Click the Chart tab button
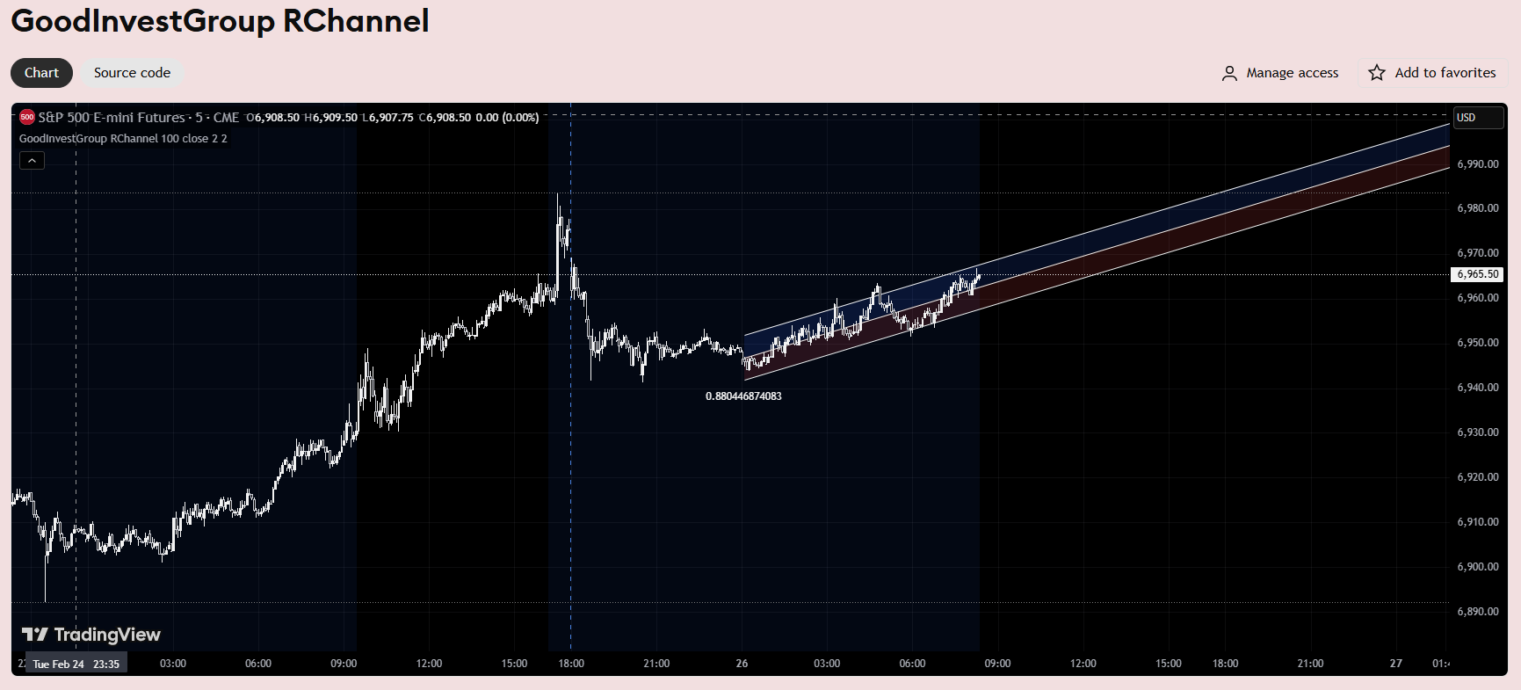click(x=41, y=73)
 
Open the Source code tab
click(x=132, y=73)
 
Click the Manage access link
click(x=1280, y=73)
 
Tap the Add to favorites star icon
click(x=1377, y=73)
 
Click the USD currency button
click(x=1478, y=118)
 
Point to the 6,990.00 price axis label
click(x=1478, y=164)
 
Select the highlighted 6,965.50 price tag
click(x=1477, y=274)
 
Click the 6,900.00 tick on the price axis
click(x=1478, y=567)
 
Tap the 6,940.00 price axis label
click(x=1478, y=388)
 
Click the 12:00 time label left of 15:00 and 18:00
click(x=429, y=664)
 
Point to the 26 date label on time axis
click(x=742, y=664)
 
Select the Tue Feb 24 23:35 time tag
click(x=76, y=664)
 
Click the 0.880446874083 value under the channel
click(x=743, y=396)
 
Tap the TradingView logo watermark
click(x=91, y=635)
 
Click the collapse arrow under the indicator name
click(x=32, y=160)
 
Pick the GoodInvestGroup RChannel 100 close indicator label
click(x=123, y=139)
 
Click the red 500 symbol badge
click(x=27, y=117)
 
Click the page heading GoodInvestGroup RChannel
click(x=220, y=21)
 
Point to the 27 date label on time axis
click(x=1395, y=664)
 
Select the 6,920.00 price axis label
click(x=1478, y=477)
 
